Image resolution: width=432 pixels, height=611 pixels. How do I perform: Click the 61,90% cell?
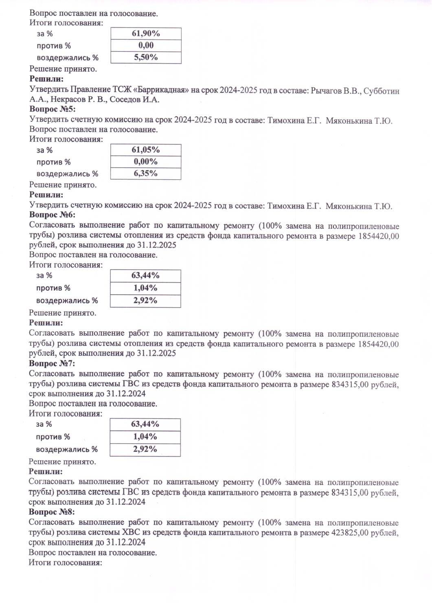[146, 34]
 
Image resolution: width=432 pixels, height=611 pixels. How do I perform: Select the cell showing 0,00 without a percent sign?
[146, 46]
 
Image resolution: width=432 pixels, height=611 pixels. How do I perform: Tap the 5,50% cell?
[146, 57]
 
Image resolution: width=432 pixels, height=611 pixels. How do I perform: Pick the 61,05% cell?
[145, 150]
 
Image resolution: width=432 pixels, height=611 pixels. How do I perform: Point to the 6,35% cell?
[145, 174]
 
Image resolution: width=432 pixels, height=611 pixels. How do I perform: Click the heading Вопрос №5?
[53, 109]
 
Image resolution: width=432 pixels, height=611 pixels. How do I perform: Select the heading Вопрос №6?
[52, 215]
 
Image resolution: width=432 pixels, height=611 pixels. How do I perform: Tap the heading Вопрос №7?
[52, 363]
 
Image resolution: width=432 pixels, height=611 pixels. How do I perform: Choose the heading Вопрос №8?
[52, 512]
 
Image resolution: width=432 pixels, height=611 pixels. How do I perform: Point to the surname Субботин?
[381, 91]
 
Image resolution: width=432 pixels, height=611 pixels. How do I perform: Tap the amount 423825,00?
[350, 532]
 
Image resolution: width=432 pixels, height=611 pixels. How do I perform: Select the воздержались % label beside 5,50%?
[68, 58]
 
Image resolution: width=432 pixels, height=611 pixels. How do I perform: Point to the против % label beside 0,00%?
[53, 162]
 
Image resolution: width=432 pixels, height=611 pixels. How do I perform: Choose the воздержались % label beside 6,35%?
[67, 174]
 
